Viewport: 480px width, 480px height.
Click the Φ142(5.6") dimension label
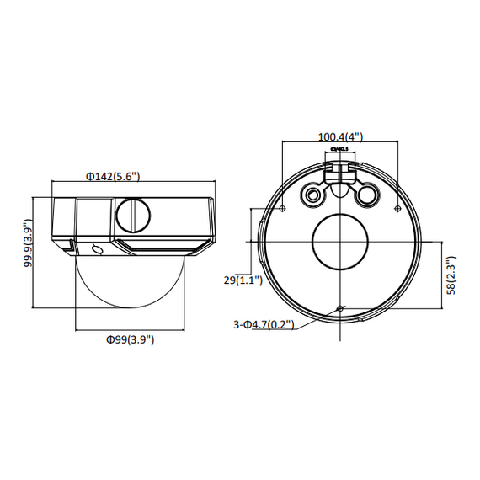coord(112,176)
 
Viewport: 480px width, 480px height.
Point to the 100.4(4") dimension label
coord(339,137)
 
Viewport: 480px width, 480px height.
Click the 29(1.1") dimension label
coord(244,280)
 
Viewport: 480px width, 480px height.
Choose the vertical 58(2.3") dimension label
coord(451,275)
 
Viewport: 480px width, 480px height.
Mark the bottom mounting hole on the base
coord(339,309)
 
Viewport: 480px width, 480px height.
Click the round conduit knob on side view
coord(131,214)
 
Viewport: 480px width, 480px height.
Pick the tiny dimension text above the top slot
coord(340,150)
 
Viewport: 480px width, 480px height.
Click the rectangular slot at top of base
coord(340,170)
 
